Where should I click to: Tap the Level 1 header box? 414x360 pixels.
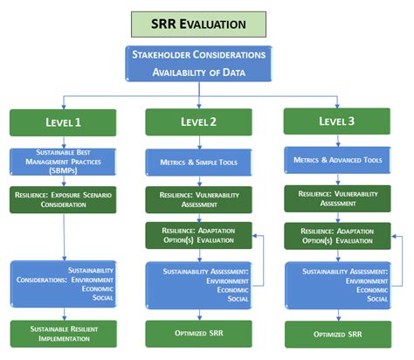[x=62, y=122]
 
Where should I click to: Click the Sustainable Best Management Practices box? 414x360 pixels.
[x=62, y=162]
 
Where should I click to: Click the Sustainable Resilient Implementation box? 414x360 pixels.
[x=62, y=334]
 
